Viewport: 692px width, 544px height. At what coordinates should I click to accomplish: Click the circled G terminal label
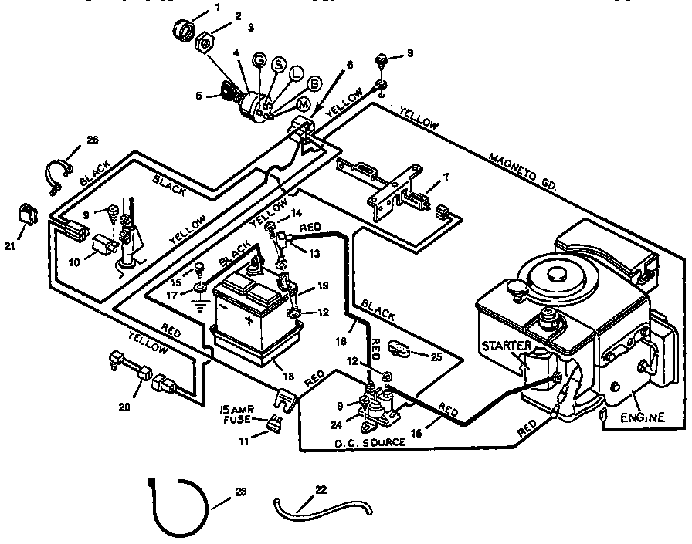tap(259, 60)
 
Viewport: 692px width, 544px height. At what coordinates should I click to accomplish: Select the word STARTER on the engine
tap(507, 346)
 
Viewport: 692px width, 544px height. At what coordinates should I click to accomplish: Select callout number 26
tap(92, 140)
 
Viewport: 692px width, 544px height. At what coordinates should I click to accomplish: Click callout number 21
tap(9, 245)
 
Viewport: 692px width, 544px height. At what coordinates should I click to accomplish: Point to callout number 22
tap(322, 488)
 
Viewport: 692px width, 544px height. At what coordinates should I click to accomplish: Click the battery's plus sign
tap(249, 318)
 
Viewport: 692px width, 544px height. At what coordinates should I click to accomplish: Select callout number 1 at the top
tap(217, 8)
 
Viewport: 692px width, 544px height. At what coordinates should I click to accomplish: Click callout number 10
tap(73, 262)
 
